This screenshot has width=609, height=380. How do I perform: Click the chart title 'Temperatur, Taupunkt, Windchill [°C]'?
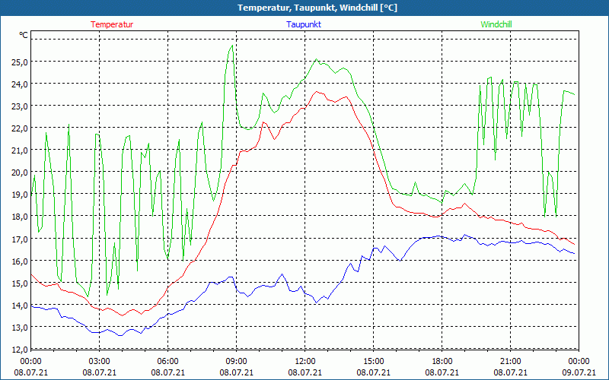[305, 8]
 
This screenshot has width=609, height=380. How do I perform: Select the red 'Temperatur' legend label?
[112, 24]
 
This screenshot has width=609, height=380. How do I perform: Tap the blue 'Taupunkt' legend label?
[304, 24]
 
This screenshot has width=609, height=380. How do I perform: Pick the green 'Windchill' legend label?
[496, 24]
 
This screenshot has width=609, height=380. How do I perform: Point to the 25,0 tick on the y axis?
[18, 62]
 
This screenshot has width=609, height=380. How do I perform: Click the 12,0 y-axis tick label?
[18, 350]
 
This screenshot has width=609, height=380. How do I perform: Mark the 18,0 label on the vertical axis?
[18, 217]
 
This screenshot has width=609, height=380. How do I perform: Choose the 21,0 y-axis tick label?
[18, 150]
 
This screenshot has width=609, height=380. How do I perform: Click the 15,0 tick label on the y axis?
[18, 283]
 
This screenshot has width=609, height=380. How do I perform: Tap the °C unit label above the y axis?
[23, 35]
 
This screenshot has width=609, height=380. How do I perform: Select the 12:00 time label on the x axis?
[304, 361]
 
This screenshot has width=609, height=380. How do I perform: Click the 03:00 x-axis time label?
[99, 361]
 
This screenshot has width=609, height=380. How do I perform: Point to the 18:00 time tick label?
[442, 361]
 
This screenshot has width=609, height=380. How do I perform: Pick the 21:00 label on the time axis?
[510, 361]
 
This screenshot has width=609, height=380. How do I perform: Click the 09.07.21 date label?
[579, 372]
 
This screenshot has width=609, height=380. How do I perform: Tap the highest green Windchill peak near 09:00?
[231, 46]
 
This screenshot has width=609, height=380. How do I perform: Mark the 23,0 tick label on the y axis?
[18, 106]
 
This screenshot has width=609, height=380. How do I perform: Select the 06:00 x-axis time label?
[167, 361]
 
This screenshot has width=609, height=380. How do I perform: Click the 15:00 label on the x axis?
[373, 361]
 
